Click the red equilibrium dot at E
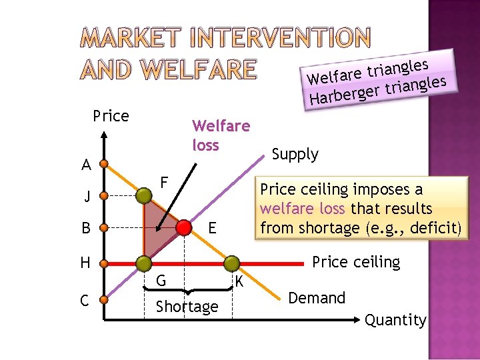(x=182, y=228)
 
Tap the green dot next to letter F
(x=143, y=195)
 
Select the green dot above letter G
(x=143, y=263)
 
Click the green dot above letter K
(x=231, y=263)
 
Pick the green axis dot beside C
(x=105, y=301)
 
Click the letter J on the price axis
(x=87, y=197)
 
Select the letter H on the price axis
(x=85, y=263)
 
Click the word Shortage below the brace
(x=187, y=307)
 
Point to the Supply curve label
(x=295, y=154)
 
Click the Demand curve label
(x=317, y=298)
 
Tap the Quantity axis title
(x=395, y=320)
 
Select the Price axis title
(x=111, y=116)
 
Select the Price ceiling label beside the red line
(x=356, y=262)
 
